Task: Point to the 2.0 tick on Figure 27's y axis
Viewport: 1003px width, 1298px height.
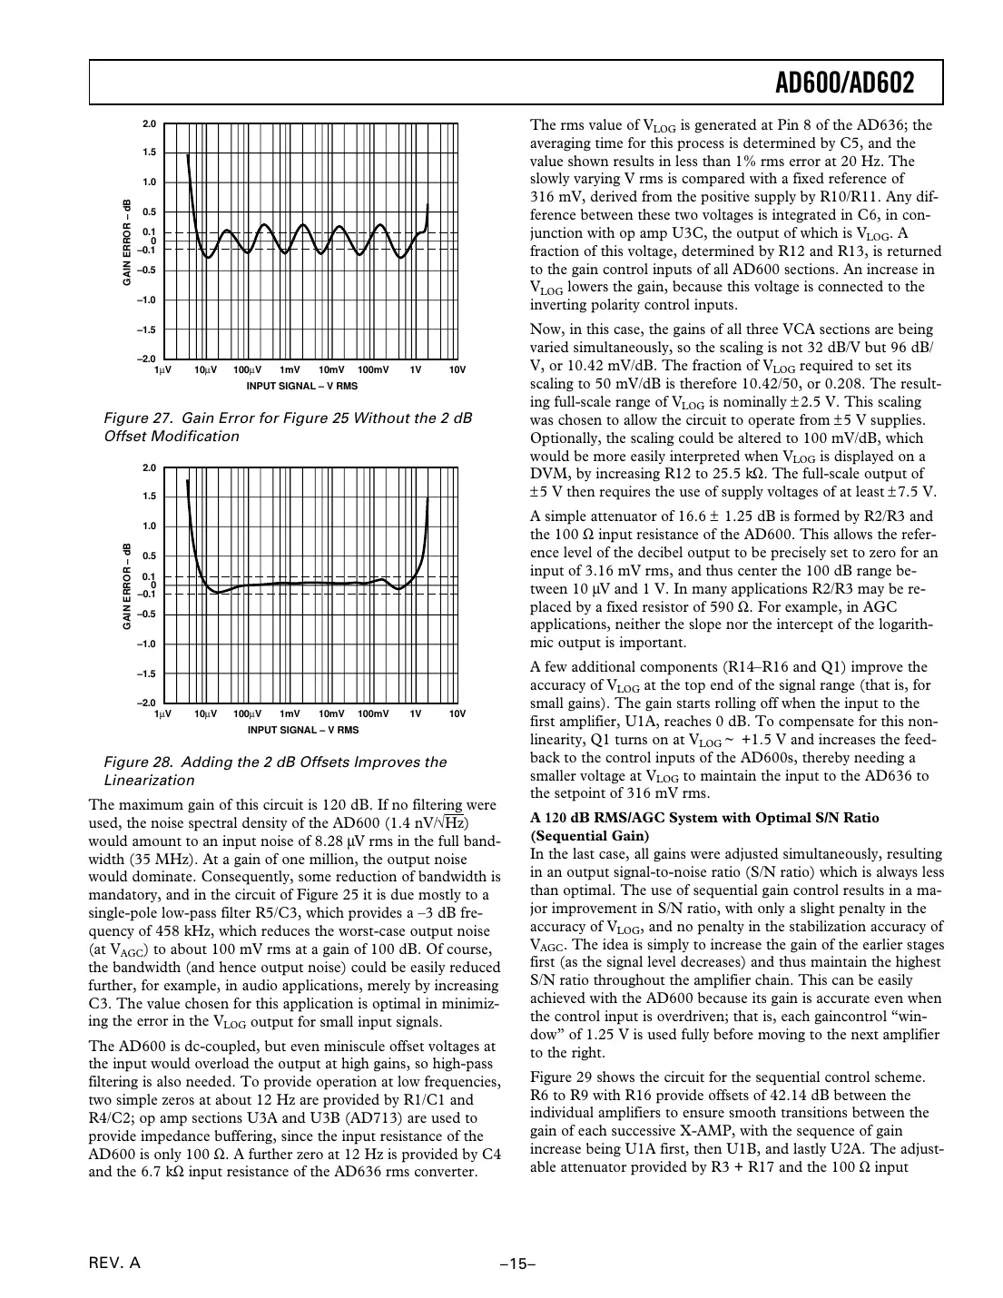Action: click(x=150, y=123)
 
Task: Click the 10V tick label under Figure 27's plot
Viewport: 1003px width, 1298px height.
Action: click(x=457, y=370)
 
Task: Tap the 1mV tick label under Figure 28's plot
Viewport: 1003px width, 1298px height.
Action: click(x=290, y=713)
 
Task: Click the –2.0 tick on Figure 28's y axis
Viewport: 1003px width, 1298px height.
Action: click(x=147, y=703)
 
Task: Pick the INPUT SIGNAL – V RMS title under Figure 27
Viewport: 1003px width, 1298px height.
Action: click(x=302, y=386)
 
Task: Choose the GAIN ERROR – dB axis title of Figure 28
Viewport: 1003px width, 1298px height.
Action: click(x=128, y=586)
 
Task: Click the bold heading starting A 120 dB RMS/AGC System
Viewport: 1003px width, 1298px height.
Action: click(x=704, y=818)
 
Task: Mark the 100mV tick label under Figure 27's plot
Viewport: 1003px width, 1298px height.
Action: click(x=373, y=370)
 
